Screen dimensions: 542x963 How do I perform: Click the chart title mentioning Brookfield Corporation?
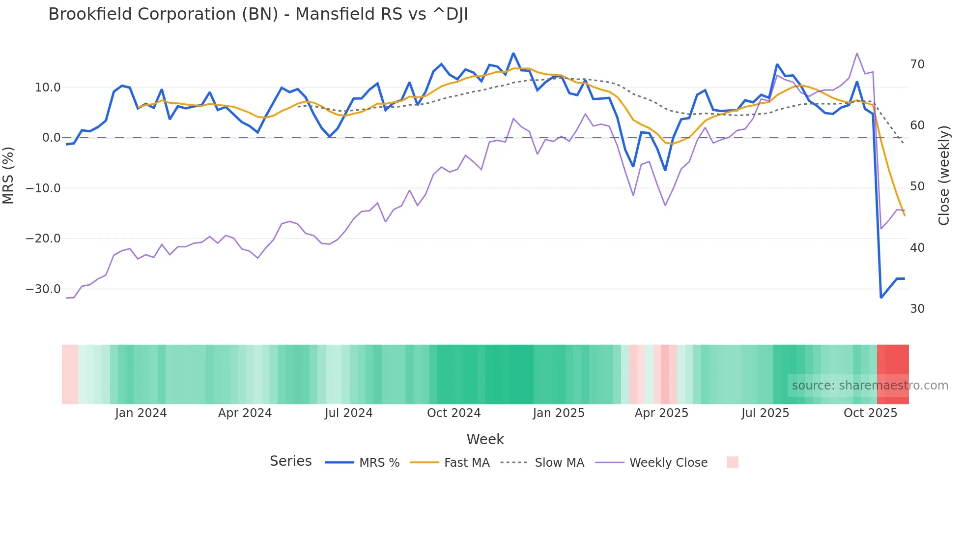coord(258,14)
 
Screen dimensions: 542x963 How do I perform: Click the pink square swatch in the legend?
coord(732,462)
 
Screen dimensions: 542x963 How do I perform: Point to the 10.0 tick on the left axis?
coord(48,88)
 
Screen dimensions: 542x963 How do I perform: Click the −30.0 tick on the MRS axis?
coord(43,289)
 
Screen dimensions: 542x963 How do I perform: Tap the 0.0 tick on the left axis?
coord(51,138)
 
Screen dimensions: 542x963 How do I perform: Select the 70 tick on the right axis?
coord(917,64)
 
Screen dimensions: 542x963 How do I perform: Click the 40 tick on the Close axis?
coord(917,248)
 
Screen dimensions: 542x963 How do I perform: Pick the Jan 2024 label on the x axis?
coord(141,413)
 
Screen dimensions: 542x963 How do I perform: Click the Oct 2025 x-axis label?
coord(870,413)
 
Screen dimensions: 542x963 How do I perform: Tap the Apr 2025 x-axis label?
coord(661,413)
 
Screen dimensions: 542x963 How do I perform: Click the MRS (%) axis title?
coord(8,176)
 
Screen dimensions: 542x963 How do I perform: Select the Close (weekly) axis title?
coord(944,176)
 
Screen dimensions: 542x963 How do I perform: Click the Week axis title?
coord(485,439)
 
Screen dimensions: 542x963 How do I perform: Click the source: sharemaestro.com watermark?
coord(870,386)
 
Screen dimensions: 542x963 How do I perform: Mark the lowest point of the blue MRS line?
coord(881,298)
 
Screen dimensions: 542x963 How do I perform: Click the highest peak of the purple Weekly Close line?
coord(857,53)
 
